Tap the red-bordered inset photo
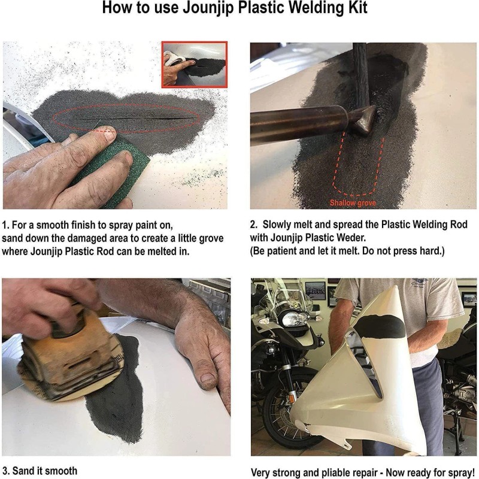click(x=195, y=65)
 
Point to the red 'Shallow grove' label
click(x=353, y=203)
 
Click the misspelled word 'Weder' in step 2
click(x=351, y=237)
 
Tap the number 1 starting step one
click(x=5, y=225)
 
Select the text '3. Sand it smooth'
click(x=40, y=471)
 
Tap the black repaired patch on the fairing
click(x=380, y=326)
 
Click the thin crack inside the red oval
click(x=128, y=119)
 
